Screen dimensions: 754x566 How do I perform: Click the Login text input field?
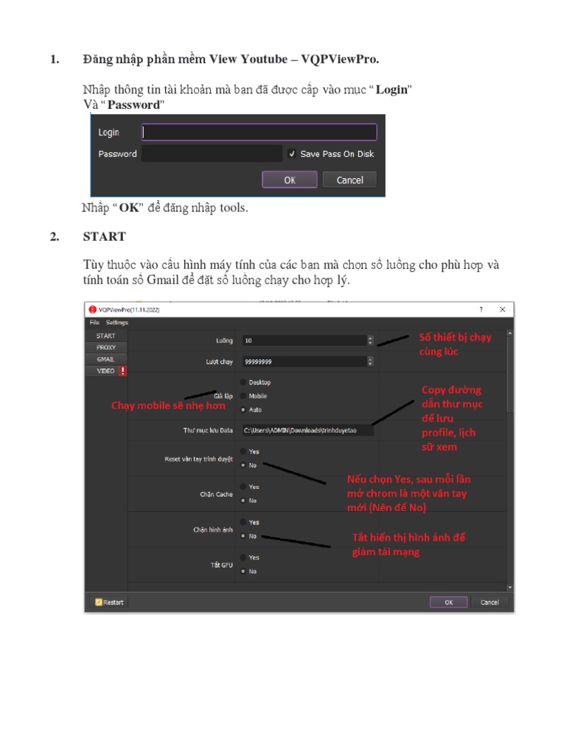tap(259, 133)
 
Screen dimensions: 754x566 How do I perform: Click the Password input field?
tap(212, 154)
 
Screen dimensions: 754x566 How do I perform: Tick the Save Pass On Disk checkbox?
tap(293, 154)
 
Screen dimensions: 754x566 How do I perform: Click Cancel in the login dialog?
tap(349, 180)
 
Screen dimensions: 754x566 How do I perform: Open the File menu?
tap(94, 323)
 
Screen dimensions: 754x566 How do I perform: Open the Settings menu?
tap(116, 323)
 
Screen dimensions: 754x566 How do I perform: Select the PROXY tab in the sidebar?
tap(105, 348)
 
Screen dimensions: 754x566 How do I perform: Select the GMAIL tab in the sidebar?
tap(105, 359)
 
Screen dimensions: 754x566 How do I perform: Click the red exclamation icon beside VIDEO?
tap(122, 371)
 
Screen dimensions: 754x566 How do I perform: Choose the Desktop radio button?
tap(243, 382)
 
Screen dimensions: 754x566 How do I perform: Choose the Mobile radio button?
tap(243, 396)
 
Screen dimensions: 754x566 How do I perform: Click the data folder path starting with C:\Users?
tap(307, 430)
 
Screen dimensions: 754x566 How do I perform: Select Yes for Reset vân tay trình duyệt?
tap(243, 451)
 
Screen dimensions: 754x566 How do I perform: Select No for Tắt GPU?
tap(243, 571)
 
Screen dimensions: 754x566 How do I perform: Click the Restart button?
tap(108, 602)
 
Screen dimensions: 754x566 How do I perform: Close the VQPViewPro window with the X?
tap(502, 310)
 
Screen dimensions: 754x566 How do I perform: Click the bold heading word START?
tap(104, 237)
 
